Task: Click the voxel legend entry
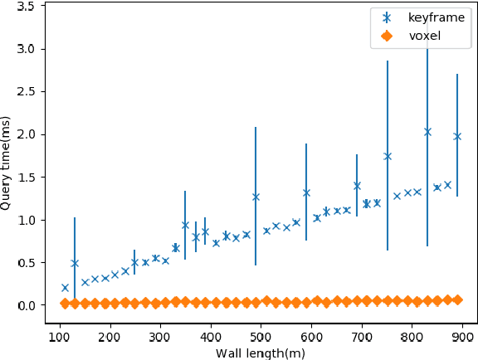423,35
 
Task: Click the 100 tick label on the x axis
59,338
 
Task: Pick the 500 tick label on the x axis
261,338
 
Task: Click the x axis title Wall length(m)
261,353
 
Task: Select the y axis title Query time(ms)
7,163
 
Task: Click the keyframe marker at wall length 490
256,197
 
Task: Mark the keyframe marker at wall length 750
387,156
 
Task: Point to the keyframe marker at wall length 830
427,132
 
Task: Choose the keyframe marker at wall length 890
457,136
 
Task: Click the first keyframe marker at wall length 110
65,288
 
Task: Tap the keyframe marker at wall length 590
306,192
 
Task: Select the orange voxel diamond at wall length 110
65,304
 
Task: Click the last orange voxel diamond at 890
457,299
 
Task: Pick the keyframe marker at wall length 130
75,263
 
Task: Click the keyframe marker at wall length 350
185,225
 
